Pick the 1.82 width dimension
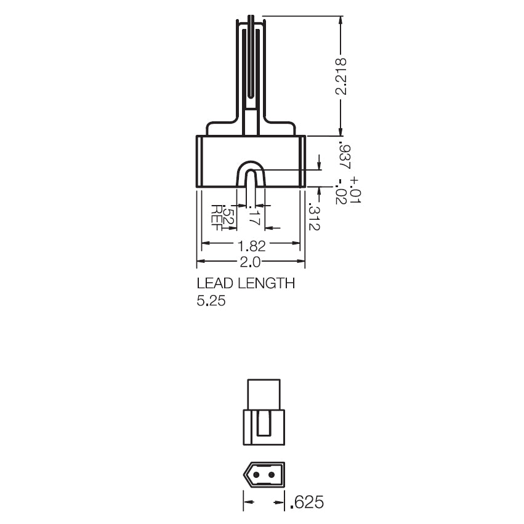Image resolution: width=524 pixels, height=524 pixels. point(251,245)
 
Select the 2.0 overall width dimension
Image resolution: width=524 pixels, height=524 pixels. point(251,262)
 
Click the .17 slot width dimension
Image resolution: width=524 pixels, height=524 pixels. point(251,215)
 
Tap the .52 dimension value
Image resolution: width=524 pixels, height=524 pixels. point(228,216)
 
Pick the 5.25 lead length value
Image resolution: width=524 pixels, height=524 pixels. point(211,302)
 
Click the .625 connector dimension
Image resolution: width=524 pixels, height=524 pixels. point(306,502)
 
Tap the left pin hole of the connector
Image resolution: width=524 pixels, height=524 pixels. point(257,475)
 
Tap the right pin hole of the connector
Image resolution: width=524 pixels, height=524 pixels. point(272,475)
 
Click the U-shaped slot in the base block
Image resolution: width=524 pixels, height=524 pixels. point(251,175)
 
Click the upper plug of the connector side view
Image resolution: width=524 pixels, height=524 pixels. point(264,393)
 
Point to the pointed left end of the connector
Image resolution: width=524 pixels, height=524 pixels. point(246,475)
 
